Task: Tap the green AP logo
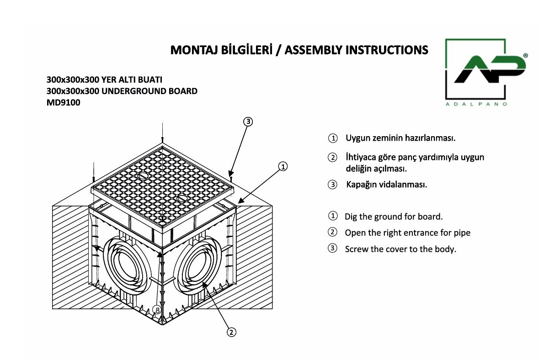coord(490,69)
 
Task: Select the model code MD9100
coord(63,103)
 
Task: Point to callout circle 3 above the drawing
coord(247,122)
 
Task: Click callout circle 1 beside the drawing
coord(283,166)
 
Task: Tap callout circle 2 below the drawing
coord(232,332)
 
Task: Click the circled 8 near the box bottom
coord(157,310)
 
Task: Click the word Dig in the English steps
coord(351,217)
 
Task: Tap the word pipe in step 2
coord(462,233)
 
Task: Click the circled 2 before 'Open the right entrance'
coord(333,232)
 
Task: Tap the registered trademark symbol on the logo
coord(525,55)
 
